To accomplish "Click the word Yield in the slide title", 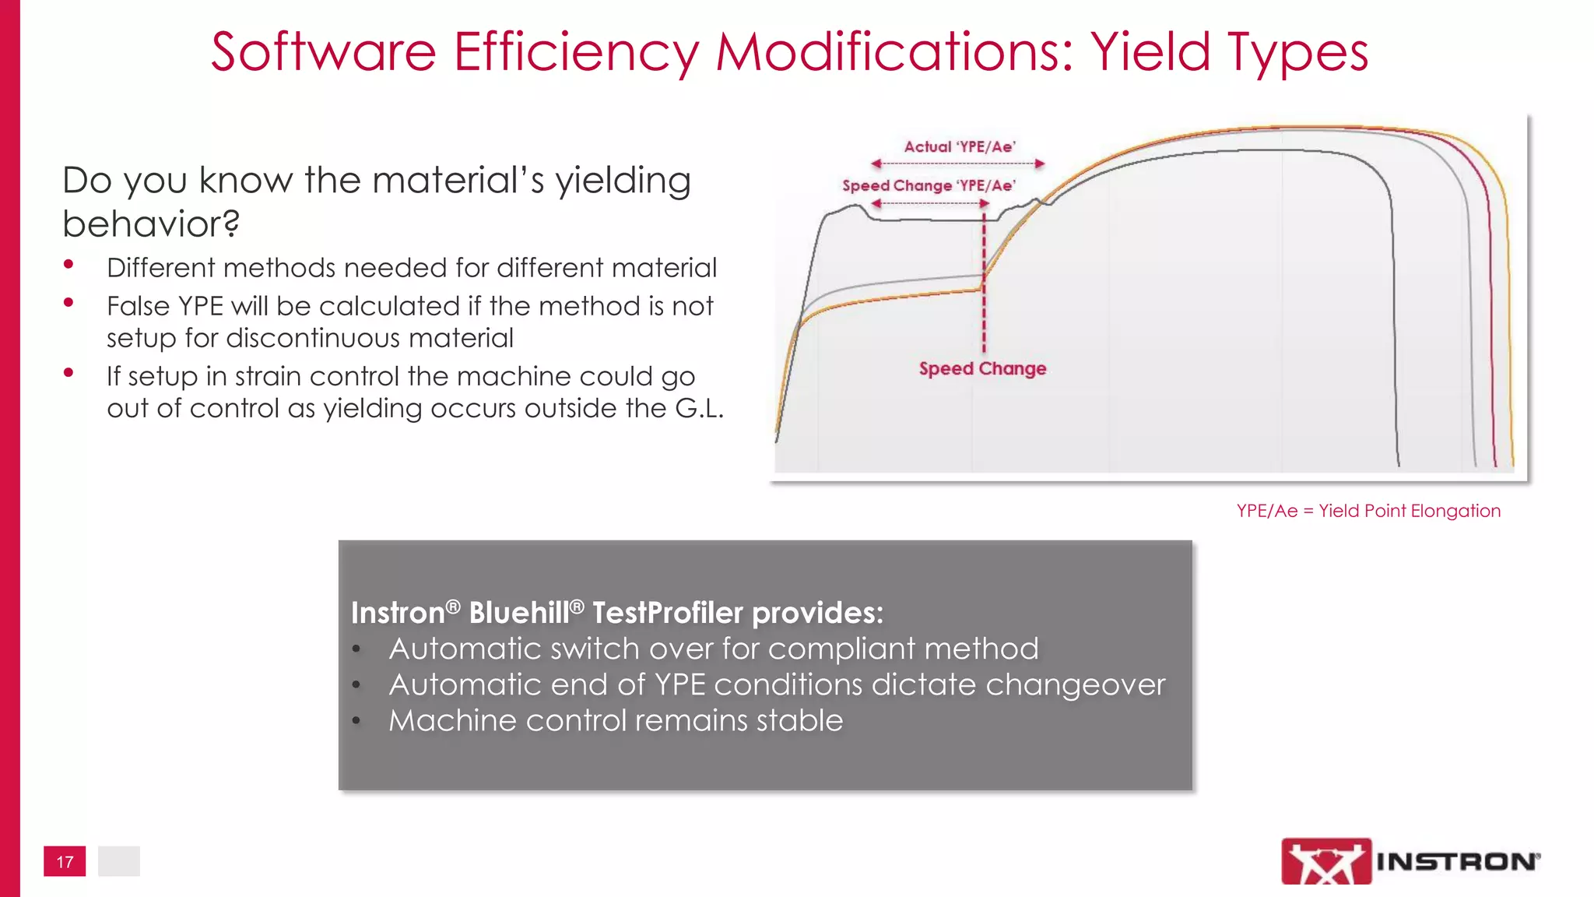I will coord(1151,52).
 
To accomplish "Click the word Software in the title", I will coord(322,52).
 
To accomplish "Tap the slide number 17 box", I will coord(65,861).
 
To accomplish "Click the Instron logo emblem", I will coord(1325,860).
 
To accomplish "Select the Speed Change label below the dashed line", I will coord(982,368).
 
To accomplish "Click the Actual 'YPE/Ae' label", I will coord(960,146).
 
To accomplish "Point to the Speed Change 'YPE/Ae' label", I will coord(929,185).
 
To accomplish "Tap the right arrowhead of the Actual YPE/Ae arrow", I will coord(1040,164).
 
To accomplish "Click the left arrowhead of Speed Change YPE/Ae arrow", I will coord(876,203).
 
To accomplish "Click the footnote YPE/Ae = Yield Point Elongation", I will coord(1368,511).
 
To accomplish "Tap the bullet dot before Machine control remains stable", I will coord(356,722).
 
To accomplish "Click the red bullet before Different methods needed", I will coord(68,265).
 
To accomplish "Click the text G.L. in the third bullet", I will coord(698,408).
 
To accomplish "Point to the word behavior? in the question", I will coord(151,224).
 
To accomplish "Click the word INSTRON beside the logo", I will coord(1455,861).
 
